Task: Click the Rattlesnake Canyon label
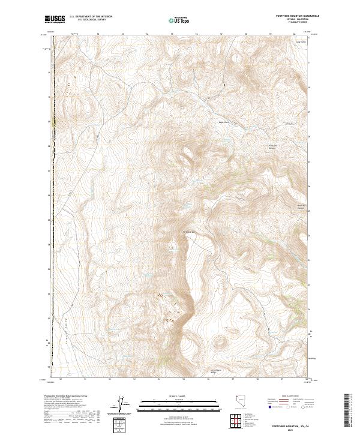pos(273,146)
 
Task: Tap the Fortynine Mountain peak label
pos(189,233)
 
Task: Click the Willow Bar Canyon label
pos(302,208)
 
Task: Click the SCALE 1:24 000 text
pos(178,395)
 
